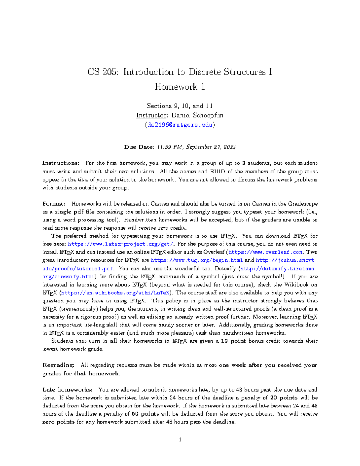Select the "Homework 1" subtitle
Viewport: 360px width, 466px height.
(x=180, y=87)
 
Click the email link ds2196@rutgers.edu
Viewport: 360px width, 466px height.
(x=180, y=125)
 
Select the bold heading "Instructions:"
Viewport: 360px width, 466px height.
(x=61, y=163)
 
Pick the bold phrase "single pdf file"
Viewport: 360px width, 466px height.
(x=74, y=212)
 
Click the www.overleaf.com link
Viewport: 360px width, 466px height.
(x=266, y=252)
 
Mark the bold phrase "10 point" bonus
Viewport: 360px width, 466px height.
(x=233, y=341)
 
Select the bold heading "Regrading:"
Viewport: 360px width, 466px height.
(x=58, y=365)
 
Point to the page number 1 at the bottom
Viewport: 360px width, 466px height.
(x=180, y=440)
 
